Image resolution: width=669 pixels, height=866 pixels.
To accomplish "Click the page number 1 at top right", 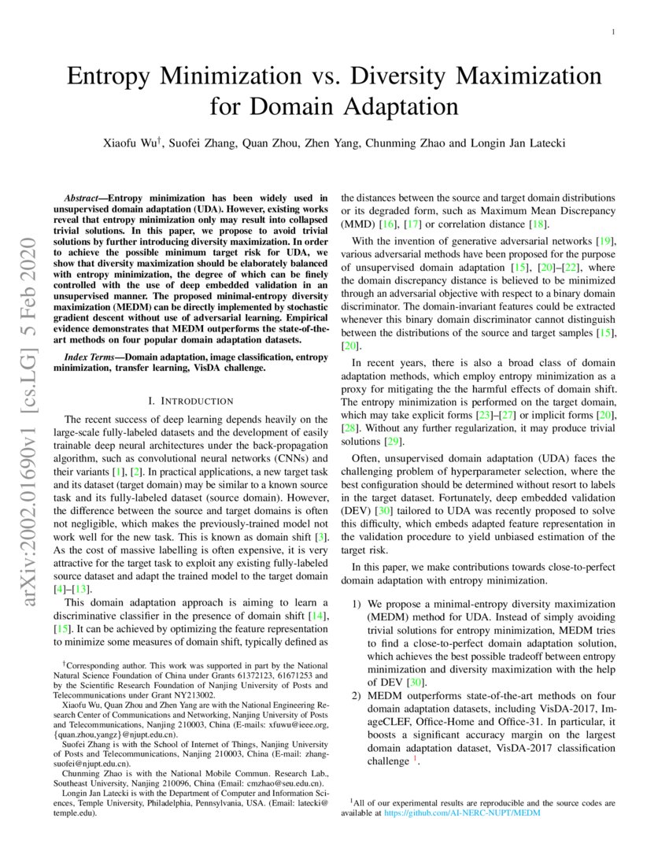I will [612, 32].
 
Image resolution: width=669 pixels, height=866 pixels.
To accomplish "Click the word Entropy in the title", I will [116, 77].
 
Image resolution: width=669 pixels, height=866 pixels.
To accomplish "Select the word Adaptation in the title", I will [398, 105].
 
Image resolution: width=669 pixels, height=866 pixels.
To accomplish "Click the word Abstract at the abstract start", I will [83, 198].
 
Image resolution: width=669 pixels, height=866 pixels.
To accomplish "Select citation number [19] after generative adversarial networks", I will [606, 240].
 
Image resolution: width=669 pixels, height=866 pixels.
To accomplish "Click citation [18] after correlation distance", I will [538, 225].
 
